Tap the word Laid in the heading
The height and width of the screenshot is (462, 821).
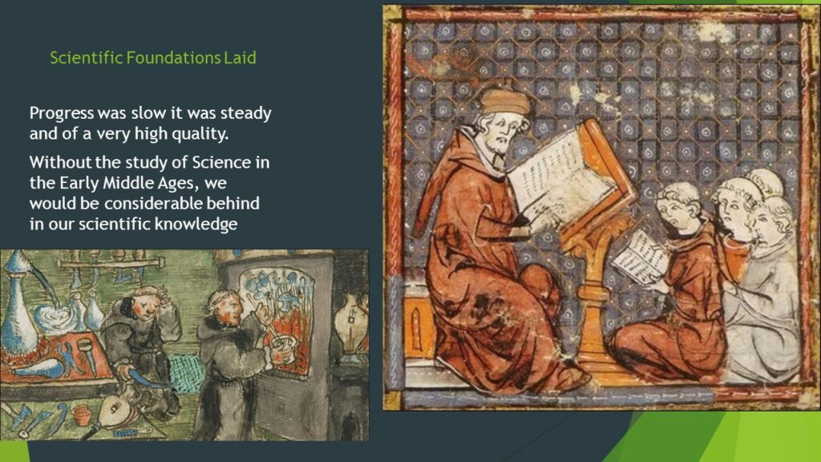(x=240, y=58)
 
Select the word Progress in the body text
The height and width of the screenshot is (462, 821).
(x=62, y=112)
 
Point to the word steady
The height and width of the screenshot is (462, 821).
(x=243, y=112)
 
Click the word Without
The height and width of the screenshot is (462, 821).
(x=59, y=163)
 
